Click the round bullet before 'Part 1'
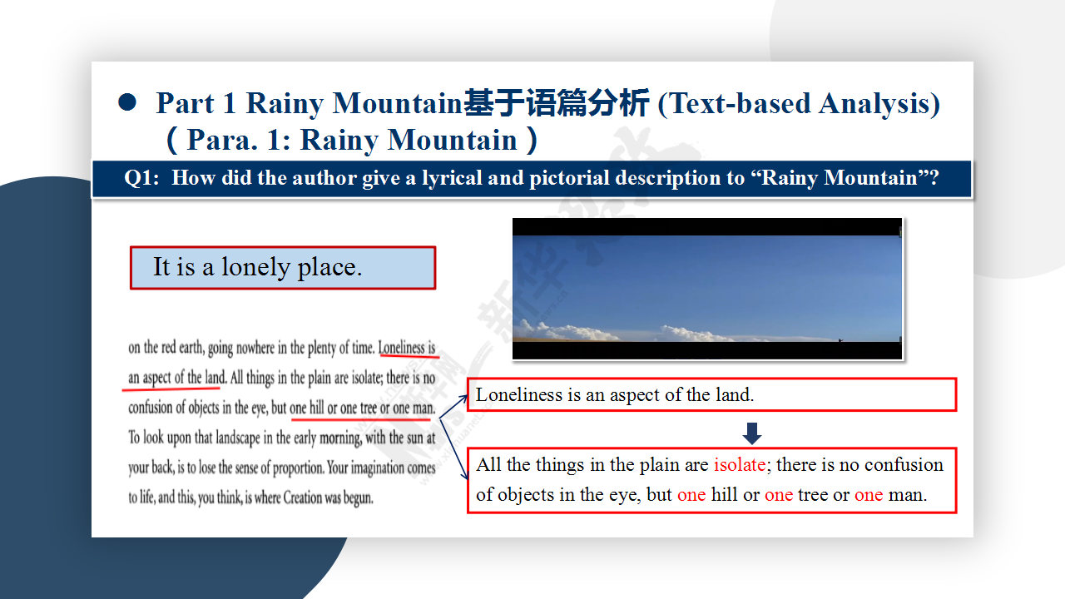click(127, 102)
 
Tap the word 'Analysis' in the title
click(879, 103)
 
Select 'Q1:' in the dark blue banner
click(141, 178)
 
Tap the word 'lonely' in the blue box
click(255, 267)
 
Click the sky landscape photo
click(707, 289)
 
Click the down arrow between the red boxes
click(751, 433)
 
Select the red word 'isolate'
click(740, 464)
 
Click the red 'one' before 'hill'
click(691, 495)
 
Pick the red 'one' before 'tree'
click(779, 495)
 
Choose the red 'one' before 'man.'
click(869, 495)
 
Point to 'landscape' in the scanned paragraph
click(238, 438)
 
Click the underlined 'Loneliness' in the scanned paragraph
click(401, 348)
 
